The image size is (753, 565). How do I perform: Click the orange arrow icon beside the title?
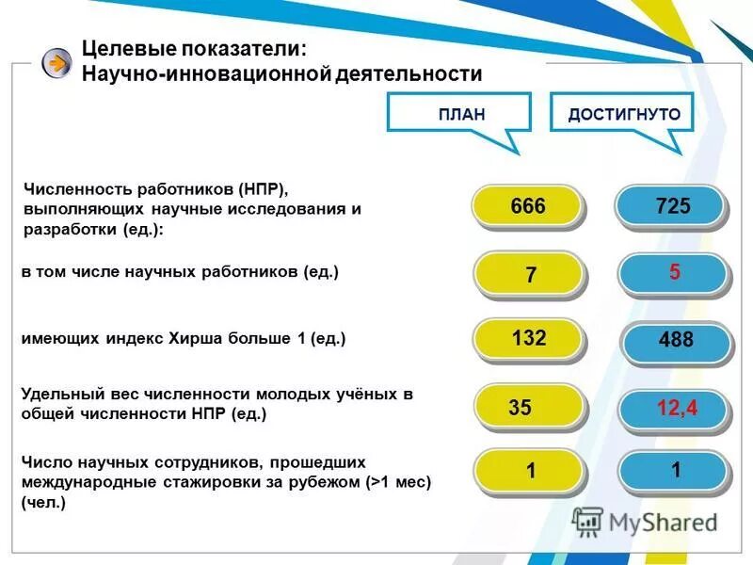click(x=57, y=63)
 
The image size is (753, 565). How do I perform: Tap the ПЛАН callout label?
click(x=461, y=115)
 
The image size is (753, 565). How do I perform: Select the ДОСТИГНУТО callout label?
click(x=624, y=115)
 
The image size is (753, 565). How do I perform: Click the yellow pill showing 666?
click(x=528, y=206)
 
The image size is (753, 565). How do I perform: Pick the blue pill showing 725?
click(x=673, y=206)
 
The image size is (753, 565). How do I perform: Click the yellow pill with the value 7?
click(x=530, y=275)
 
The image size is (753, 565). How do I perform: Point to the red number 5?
click(x=675, y=273)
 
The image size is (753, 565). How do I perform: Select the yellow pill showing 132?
click(x=528, y=339)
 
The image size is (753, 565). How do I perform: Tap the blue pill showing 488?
click(x=675, y=342)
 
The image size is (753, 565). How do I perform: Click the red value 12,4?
click(x=676, y=408)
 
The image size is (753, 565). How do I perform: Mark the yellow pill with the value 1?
click(x=530, y=471)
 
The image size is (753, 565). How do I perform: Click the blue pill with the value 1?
click(x=675, y=470)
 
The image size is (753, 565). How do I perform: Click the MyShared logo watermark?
click(x=645, y=521)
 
